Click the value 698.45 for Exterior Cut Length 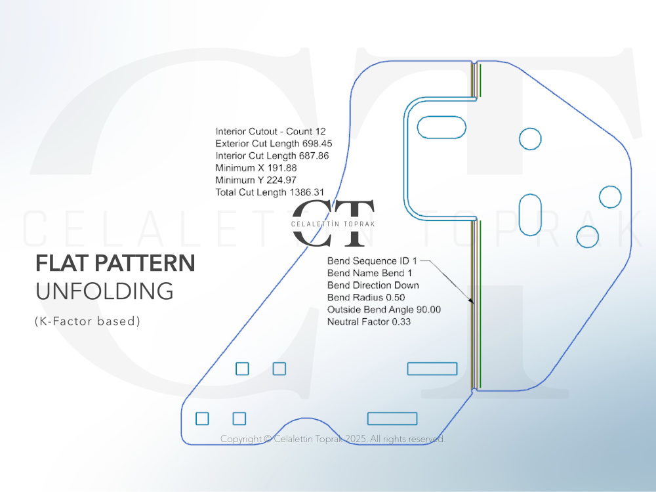(317, 144)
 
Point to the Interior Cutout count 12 (320, 131)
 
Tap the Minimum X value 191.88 (282, 168)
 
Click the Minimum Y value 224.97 (281, 180)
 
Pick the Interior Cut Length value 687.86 (314, 155)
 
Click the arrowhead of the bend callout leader (471, 300)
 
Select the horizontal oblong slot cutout (441, 127)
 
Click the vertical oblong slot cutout (530, 215)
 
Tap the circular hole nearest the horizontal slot (530, 139)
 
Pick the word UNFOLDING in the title (104, 291)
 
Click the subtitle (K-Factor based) (87, 321)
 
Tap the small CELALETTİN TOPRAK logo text (333, 224)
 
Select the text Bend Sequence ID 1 (372, 261)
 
